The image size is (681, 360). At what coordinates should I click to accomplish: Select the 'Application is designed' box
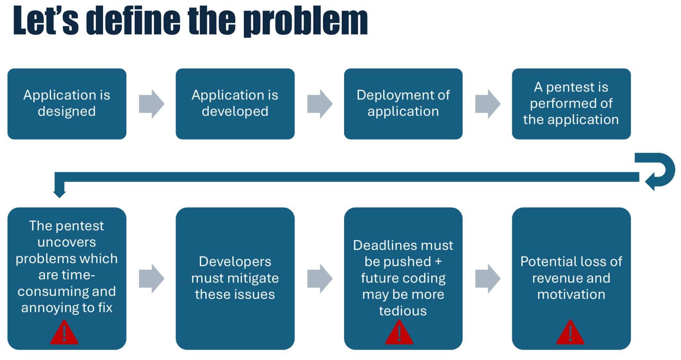[x=67, y=104]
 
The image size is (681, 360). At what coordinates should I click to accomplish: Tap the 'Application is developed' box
[x=235, y=104]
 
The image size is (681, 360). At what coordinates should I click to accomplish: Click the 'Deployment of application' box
[x=403, y=104]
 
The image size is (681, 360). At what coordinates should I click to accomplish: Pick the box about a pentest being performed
[x=571, y=104]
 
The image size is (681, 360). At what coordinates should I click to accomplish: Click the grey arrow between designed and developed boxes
[x=151, y=104]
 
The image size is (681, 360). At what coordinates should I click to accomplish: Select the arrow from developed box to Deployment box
[x=319, y=104]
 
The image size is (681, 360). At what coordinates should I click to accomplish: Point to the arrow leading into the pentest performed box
[x=488, y=104]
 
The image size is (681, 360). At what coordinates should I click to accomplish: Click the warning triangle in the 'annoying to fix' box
[x=64, y=333]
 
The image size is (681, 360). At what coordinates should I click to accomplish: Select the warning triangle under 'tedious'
[x=399, y=333]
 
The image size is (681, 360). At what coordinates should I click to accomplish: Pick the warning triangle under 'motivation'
[x=570, y=333]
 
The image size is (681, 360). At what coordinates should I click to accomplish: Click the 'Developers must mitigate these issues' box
[x=235, y=278]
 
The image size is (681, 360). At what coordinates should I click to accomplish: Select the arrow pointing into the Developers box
[x=151, y=279]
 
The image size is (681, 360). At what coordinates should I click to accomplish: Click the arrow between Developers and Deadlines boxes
[x=319, y=279]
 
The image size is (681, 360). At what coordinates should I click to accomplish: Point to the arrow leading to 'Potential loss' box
[x=488, y=279]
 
